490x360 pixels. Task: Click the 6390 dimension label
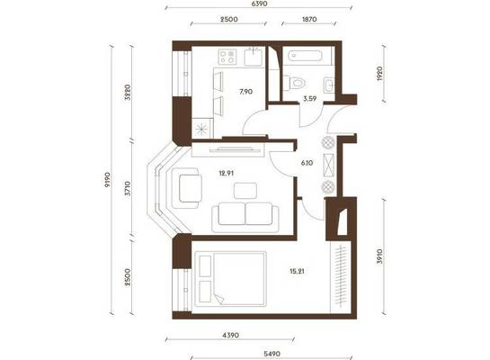[x=259, y=4]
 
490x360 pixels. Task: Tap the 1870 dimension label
[x=309, y=20]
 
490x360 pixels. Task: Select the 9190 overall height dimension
[x=107, y=179]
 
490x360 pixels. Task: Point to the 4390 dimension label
[x=231, y=336]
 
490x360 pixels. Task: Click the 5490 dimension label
[x=272, y=354]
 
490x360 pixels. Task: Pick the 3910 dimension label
[x=379, y=256]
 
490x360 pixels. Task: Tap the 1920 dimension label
[x=379, y=74]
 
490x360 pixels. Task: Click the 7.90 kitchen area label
[x=246, y=92]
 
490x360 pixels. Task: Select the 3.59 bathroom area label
[x=309, y=99]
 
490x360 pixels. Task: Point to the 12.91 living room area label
[x=227, y=173]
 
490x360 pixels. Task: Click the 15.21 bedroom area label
[x=297, y=271]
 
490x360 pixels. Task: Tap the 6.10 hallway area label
[x=307, y=163]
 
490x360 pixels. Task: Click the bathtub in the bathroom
[x=305, y=57]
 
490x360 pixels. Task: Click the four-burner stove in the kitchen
[x=227, y=58]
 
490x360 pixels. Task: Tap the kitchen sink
[x=253, y=57]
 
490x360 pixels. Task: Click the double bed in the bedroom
[x=231, y=279]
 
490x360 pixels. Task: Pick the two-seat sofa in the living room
[x=245, y=218]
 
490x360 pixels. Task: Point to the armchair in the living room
[x=186, y=188]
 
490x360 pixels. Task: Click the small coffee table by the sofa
[x=245, y=191]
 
